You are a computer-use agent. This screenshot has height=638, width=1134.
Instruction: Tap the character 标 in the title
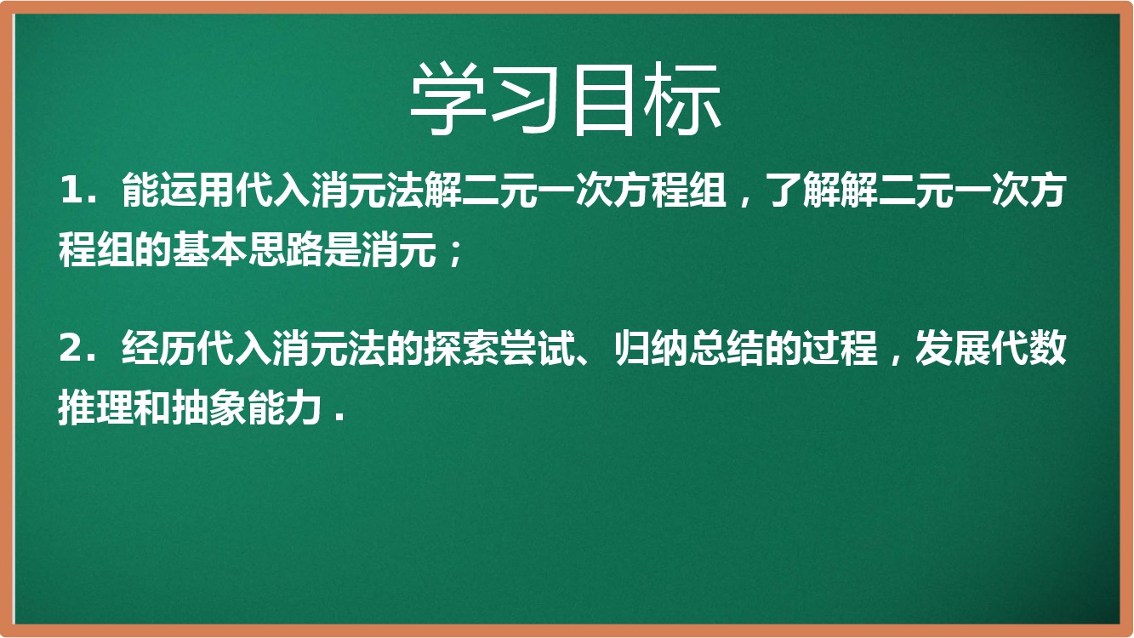[x=682, y=100]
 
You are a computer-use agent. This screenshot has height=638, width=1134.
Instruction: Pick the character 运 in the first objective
[x=178, y=191]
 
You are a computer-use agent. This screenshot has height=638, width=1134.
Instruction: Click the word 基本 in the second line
[x=209, y=250]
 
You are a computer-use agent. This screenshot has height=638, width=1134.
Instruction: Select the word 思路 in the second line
[x=285, y=250]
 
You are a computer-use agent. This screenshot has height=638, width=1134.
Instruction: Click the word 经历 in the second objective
[x=159, y=349]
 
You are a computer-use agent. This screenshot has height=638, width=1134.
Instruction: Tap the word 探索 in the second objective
[x=461, y=349]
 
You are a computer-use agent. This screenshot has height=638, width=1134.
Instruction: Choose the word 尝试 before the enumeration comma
[x=537, y=349]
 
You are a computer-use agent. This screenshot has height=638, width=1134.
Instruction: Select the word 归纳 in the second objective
[x=652, y=349]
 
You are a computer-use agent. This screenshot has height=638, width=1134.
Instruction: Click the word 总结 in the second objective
[x=727, y=349]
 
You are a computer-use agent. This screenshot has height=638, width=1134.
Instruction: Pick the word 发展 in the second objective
[x=954, y=349]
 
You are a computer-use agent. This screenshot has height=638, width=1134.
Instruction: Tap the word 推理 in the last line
[x=96, y=408]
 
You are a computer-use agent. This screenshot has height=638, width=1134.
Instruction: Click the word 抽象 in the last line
[x=209, y=408]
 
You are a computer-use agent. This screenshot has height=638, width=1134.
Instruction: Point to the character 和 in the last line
[x=153, y=408]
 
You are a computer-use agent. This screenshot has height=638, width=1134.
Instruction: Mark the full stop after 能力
[x=339, y=419]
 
